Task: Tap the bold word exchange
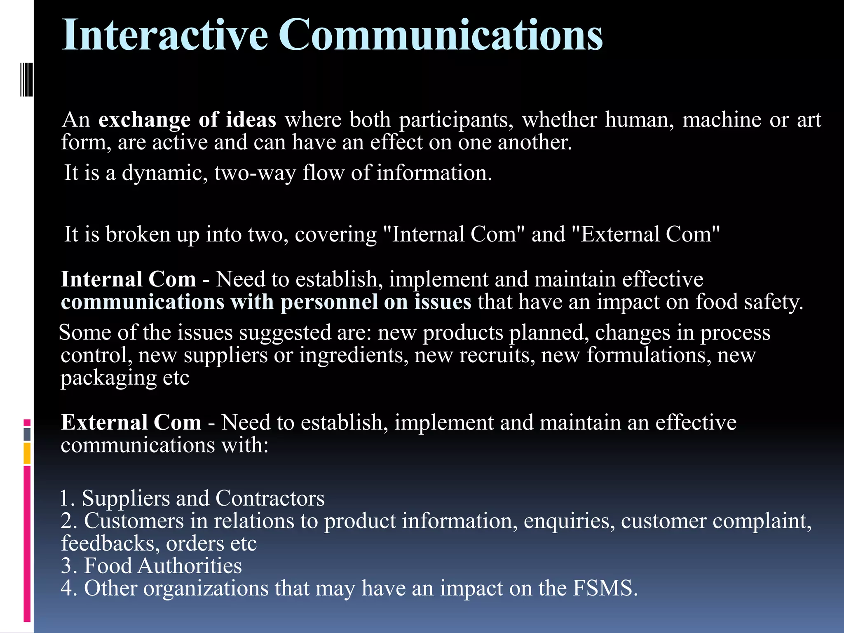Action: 144,120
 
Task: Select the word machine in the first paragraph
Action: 721,120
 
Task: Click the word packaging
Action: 108,378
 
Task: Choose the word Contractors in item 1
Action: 270,498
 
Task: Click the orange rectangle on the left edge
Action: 27,453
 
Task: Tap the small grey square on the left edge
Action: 27,434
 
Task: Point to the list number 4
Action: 67,588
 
